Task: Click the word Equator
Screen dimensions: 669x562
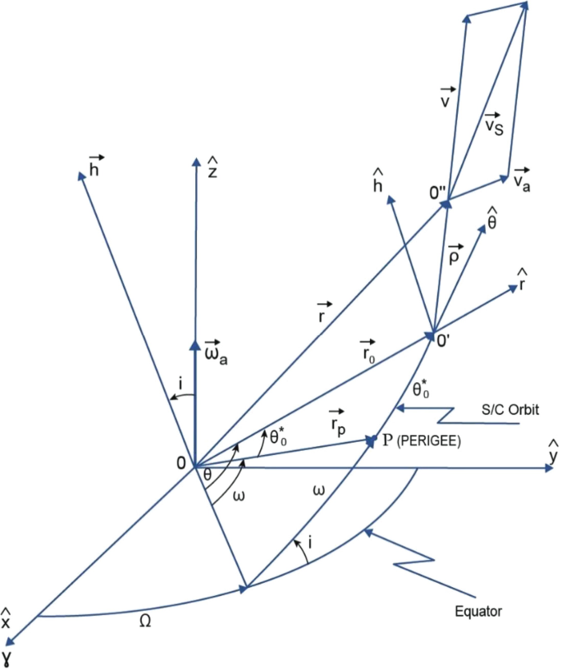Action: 478,610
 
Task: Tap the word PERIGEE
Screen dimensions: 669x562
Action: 428,440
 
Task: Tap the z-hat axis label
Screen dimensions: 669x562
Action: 212,172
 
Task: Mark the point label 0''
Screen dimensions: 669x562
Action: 439,193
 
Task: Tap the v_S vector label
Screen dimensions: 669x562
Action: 494,124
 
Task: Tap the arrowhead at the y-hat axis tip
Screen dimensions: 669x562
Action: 547,469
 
